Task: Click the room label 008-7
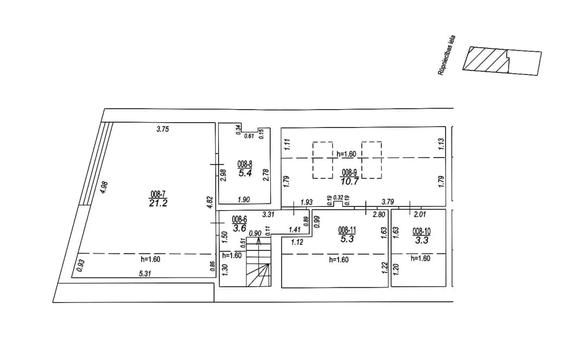(x=158, y=194)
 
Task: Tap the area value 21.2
(x=158, y=204)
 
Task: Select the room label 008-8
(x=245, y=164)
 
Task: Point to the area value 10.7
(x=349, y=182)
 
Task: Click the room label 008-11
(x=347, y=230)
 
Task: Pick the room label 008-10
(x=422, y=231)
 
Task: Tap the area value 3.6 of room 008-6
(x=239, y=228)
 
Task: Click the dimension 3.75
(x=163, y=129)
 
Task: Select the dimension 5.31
(x=145, y=274)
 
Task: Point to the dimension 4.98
(x=104, y=187)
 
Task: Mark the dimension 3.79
(x=387, y=202)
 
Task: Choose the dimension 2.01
(x=419, y=214)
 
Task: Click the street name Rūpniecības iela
(x=447, y=55)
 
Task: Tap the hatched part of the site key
(x=486, y=59)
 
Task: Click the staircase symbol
(x=259, y=263)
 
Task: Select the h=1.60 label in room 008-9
(x=346, y=154)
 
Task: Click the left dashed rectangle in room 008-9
(x=322, y=160)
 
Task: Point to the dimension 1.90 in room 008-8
(x=244, y=200)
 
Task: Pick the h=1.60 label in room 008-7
(x=151, y=259)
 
